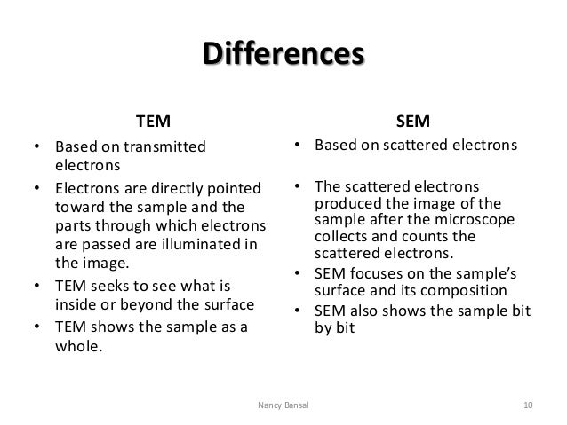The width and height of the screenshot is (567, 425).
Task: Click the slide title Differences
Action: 283,52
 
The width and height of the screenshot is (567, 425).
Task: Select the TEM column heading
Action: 152,119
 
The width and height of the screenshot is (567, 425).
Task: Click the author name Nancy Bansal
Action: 283,405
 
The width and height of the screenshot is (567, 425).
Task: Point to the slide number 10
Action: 527,405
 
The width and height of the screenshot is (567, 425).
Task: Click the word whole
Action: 78,346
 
